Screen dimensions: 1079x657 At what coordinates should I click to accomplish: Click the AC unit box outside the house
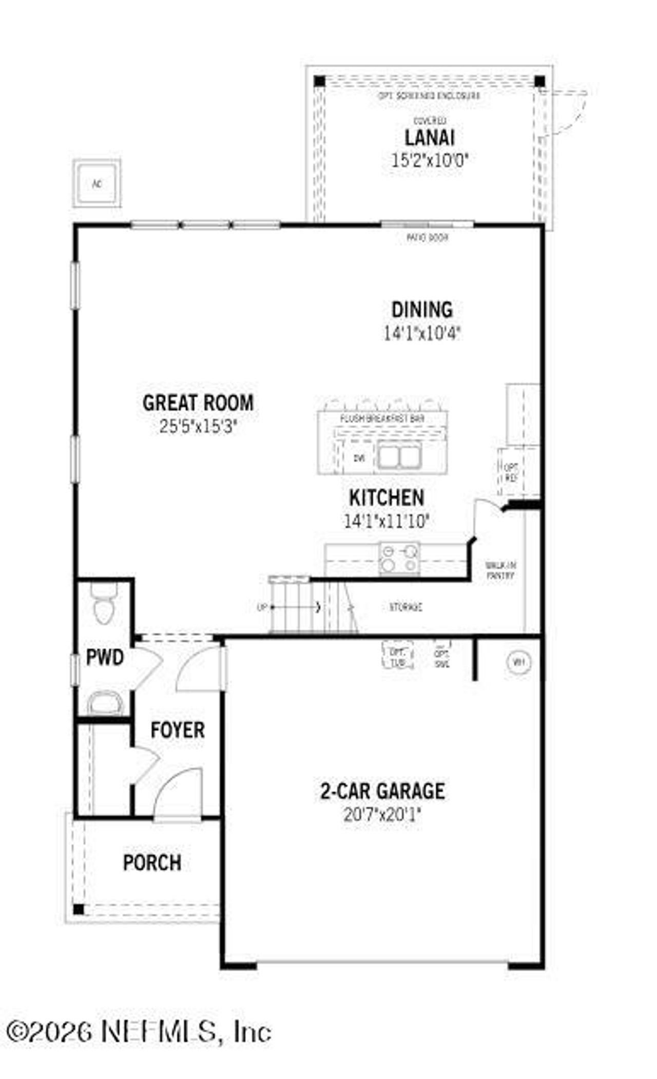click(97, 184)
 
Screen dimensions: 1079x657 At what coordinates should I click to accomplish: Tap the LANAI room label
click(430, 138)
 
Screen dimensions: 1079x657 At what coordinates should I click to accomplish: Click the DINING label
click(422, 310)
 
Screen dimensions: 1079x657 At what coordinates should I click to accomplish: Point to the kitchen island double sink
click(399, 457)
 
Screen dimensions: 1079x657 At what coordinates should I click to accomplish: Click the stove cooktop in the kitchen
click(399, 558)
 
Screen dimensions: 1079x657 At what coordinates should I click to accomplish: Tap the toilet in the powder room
click(103, 606)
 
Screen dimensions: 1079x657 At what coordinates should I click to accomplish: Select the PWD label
click(105, 658)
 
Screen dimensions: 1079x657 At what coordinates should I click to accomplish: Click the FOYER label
click(178, 730)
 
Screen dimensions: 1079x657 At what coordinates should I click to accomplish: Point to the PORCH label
click(152, 863)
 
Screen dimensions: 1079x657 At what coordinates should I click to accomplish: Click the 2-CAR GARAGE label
click(382, 791)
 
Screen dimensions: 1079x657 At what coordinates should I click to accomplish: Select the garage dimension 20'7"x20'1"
click(382, 815)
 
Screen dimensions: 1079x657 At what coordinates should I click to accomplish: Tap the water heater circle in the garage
click(519, 662)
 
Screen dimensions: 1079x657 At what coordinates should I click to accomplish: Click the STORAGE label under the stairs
click(405, 607)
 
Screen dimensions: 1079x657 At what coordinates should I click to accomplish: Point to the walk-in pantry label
click(500, 570)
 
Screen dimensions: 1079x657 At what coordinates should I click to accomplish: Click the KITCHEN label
click(387, 498)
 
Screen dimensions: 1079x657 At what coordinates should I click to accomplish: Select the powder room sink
click(105, 703)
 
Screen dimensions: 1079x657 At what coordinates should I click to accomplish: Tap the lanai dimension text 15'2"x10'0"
click(430, 161)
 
